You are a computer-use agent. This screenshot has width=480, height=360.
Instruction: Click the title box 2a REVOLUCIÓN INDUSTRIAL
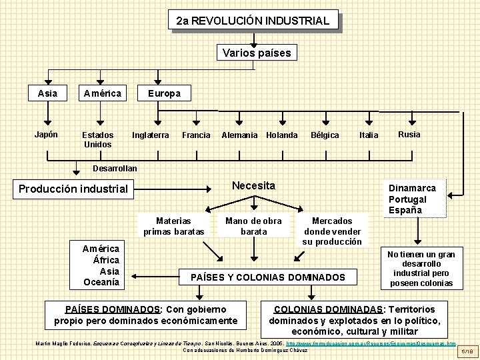[x=253, y=21]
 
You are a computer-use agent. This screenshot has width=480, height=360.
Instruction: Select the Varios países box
[x=257, y=53]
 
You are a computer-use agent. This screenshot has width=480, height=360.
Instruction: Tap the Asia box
[x=47, y=93]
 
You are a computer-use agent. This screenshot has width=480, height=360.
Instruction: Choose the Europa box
[x=163, y=93]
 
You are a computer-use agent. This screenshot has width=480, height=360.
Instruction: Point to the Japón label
[x=46, y=134]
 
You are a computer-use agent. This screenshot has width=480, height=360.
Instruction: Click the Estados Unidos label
[x=97, y=139]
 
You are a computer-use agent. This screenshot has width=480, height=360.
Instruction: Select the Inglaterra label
[x=150, y=135]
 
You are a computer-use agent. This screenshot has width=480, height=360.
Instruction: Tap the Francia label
[x=196, y=135]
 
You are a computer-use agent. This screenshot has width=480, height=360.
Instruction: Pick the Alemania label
[x=239, y=135]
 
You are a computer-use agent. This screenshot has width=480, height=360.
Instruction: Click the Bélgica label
[x=325, y=135]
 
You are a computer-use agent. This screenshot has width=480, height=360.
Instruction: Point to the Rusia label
[x=409, y=134]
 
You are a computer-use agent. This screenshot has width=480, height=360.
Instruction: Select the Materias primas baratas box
[x=173, y=226]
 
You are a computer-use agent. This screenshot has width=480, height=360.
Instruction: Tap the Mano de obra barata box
[x=253, y=226]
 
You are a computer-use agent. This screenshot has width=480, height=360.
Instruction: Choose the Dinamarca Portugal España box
[x=413, y=199]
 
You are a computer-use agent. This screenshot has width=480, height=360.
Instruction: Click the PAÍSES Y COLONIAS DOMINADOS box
[x=268, y=277]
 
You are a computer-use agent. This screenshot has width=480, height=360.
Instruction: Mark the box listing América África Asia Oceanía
[x=101, y=265]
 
